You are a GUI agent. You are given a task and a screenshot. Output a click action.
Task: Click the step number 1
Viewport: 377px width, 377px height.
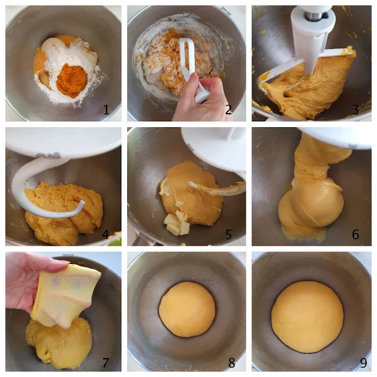pyautogui.click(x=106, y=110)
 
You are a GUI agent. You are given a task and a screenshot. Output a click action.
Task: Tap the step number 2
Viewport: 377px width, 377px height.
pyautogui.click(x=229, y=110)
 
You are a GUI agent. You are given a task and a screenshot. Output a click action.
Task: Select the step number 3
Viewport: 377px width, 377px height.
pyautogui.click(x=355, y=110)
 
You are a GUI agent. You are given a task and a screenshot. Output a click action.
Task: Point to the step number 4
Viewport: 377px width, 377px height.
pyautogui.click(x=105, y=234)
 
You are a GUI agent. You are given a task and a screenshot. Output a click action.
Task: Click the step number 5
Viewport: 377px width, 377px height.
pyautogui.click(x=229, y=234)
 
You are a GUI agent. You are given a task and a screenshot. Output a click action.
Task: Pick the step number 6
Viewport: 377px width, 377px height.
pyautogui.click(x=355, y=234)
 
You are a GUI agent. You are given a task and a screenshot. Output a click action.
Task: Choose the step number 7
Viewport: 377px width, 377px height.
pyautogui.click(x=105, y=363)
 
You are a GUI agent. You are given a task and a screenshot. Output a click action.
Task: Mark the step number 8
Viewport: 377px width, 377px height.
pyautogui.click(x=232, y=363)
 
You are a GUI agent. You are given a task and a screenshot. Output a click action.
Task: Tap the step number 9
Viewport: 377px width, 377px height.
pyautogui.click(x=363, y=363)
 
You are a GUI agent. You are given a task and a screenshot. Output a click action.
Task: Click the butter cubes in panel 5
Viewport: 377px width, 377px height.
pyautogui.click(x=177, y=223)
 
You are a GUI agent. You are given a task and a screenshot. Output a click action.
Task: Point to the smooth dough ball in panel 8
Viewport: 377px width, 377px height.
pyautogui.click(x=187, y=309)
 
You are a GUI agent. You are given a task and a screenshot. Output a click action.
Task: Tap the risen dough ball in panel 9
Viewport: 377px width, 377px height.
pyautogui.click(x=307, y=317)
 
